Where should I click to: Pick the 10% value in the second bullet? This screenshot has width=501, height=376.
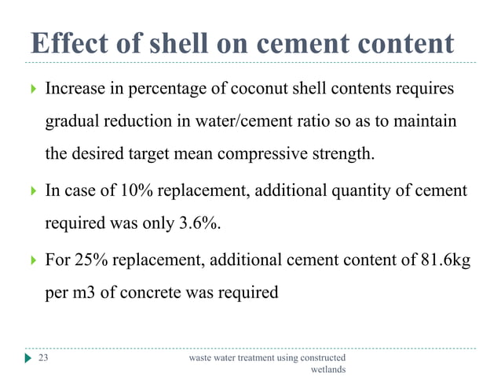(x=145, y=190)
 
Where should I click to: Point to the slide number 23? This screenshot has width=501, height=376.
(x=44, y=358)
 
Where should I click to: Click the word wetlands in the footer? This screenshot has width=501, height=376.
(x=328, y=369)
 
